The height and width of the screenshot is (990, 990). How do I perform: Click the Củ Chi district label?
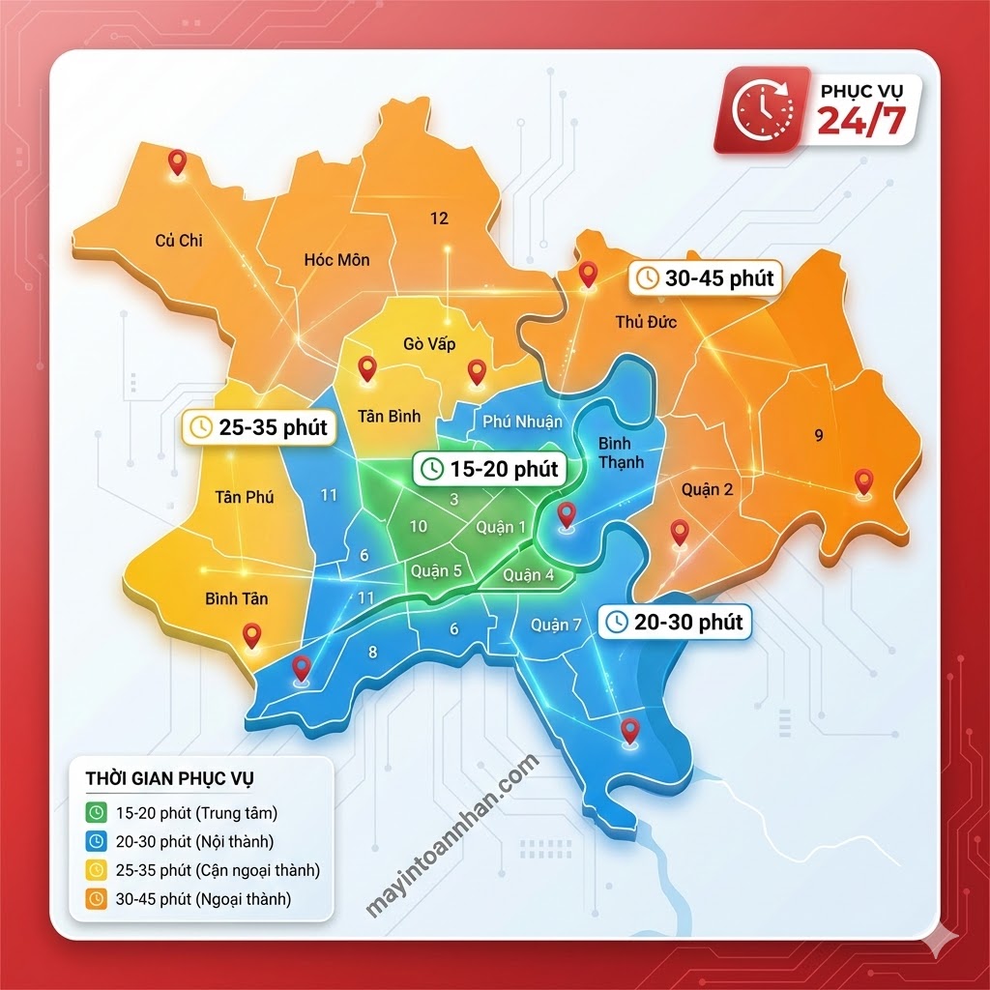point(179,240)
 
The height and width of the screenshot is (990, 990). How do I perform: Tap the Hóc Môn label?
point(336,259)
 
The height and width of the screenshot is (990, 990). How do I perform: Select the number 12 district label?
point(439,218)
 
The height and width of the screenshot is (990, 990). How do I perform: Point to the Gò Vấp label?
point(429,344)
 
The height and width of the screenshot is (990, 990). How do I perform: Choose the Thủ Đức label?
point(645,321)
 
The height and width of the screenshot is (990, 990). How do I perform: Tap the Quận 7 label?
point(556,625)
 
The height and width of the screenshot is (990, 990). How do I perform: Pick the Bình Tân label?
point(236,598)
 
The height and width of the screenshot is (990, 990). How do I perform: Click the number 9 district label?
point(819,435)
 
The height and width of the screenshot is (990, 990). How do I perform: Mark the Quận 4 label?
point(528,575)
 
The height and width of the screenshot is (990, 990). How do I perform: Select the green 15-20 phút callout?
point(490,469)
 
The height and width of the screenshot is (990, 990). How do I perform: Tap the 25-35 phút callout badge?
point(260,426)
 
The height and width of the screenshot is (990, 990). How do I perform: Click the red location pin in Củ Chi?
point(176,161)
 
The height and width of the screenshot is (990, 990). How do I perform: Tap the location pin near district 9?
point(863,480)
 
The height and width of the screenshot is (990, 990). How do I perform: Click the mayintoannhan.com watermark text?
point(451,837)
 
